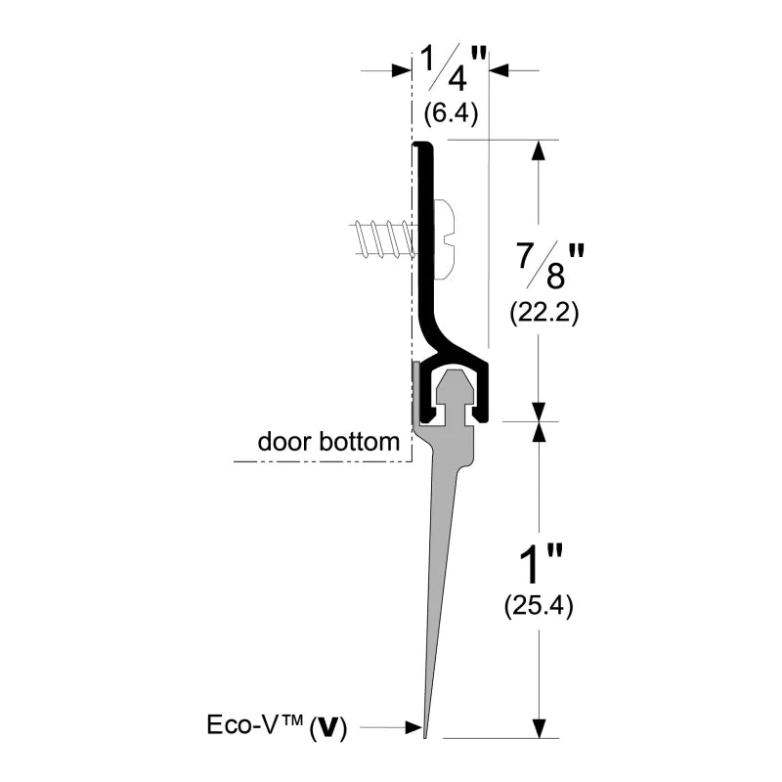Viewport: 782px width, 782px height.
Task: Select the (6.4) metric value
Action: click(x=450, y=114)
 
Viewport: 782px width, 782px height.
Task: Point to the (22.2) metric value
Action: click(x=544, y=314)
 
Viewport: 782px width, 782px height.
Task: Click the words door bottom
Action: click(x=328, y=442)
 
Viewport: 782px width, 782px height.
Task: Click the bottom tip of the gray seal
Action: click(x=425, y=733)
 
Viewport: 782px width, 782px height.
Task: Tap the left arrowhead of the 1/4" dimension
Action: click(x=400, y=70)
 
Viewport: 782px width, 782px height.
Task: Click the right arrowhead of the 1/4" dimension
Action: click(x=498, y=70)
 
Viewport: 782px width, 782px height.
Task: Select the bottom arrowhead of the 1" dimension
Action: click(x=537, y=727)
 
